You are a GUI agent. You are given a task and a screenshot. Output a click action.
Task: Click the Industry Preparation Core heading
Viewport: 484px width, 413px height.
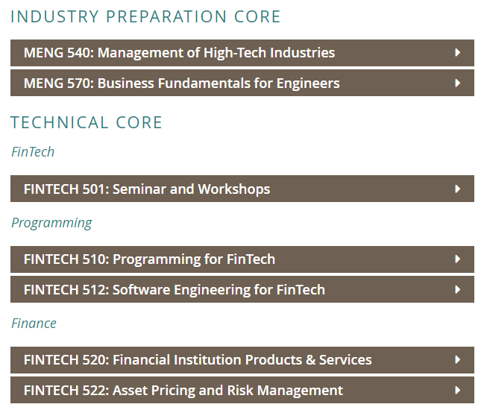[145, 16]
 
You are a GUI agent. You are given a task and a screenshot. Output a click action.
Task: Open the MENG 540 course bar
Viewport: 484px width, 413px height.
[242, 53]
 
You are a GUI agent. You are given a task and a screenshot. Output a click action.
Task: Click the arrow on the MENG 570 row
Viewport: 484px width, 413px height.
[457, 83]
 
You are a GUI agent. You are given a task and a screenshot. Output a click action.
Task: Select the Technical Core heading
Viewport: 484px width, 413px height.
[86, 122]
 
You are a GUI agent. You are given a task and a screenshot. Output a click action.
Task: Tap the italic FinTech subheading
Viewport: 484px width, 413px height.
[33, 152]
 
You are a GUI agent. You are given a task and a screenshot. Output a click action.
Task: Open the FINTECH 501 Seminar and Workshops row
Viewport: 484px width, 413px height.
[242, 189]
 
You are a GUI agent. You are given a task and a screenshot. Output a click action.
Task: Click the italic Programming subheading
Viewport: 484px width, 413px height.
[51, 223]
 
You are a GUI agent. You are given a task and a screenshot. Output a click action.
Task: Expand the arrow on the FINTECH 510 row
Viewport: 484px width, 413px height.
[457, 259]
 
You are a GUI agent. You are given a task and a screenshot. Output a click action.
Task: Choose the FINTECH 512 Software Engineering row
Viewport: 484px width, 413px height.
[242, 289]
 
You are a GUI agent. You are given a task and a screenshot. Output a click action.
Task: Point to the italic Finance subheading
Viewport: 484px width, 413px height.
[34, 324]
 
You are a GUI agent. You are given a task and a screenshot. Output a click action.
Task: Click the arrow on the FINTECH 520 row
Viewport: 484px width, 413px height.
[457, 359]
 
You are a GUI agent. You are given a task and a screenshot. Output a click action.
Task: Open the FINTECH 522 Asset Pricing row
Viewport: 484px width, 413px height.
[242, 390]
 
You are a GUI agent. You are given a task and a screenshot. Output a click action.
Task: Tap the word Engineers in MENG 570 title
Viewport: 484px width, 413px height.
[308, 83]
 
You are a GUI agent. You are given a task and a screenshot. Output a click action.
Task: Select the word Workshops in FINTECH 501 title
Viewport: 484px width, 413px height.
[234, 189]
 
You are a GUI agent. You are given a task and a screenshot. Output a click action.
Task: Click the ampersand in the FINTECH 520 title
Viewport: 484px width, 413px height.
[310, 360]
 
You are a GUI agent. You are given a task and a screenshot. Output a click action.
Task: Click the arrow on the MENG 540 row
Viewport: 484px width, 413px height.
[457, 52]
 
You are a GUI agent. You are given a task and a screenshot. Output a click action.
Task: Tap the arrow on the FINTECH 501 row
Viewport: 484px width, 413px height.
[457, 189]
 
